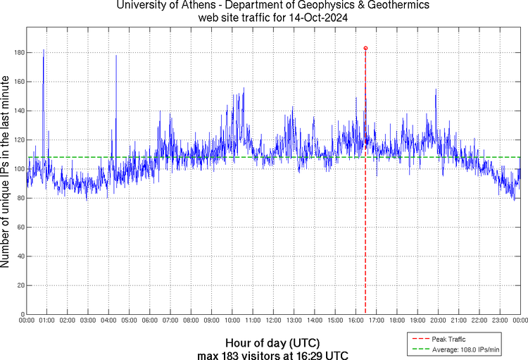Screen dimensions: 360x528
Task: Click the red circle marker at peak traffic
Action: [365, 48]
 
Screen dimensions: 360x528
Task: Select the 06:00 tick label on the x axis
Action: [150, 320]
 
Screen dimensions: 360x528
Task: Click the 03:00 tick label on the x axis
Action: [88, 320]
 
